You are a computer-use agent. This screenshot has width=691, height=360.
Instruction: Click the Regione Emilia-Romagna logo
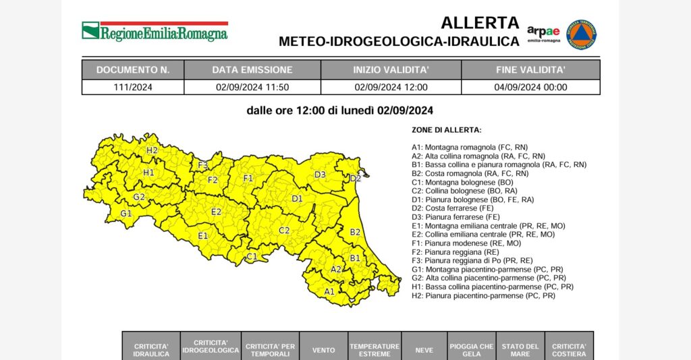(155, 31)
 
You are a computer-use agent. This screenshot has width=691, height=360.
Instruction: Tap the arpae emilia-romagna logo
(543, 34)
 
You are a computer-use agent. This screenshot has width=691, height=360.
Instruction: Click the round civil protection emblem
(581, 34)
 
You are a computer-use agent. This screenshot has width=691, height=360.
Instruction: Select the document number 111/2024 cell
(132, 87)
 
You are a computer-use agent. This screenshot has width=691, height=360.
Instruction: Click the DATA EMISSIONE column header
(252, 69)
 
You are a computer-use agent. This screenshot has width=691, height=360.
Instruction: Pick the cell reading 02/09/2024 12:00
(391, 87)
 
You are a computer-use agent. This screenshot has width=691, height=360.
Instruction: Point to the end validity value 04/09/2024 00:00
(530, 87)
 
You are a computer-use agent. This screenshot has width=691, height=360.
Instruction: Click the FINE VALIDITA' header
(530, 69)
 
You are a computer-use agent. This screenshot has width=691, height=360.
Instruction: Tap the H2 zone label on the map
(152, 150)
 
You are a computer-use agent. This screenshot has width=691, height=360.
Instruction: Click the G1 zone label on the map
(126, 214)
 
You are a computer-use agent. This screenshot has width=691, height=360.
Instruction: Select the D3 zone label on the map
(320, 175)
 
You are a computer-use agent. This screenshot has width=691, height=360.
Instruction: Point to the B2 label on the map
(355, 232)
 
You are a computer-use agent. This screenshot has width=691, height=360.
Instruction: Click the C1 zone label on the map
(252, 256)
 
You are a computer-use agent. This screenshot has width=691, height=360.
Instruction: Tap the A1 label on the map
(329, 292)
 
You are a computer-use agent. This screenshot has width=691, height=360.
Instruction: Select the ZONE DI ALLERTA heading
(447, 129)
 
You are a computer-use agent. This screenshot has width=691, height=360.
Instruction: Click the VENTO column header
(323, 350)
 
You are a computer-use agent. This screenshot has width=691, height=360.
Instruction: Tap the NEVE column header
(424, 350)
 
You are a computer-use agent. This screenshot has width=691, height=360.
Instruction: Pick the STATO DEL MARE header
(520, 350)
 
